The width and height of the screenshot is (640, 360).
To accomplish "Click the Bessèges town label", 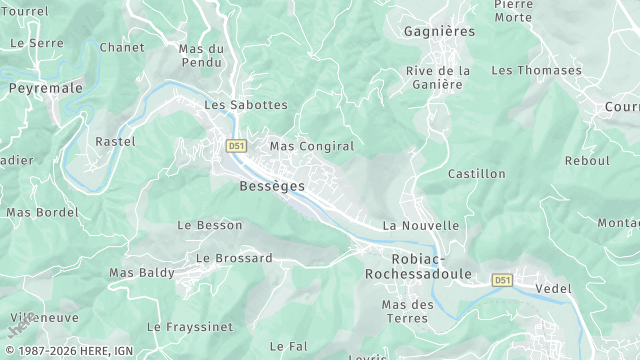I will point(272,186).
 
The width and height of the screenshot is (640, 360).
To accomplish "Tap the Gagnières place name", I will point(438,32).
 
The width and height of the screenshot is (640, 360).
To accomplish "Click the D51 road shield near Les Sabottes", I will point(236,145).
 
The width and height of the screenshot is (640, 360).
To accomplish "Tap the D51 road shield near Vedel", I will point(502,281).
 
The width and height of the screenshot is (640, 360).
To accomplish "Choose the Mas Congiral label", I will point(312,146).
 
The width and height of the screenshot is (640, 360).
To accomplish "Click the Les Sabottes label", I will point(245,104).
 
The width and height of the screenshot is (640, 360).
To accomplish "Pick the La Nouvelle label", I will point(420,226).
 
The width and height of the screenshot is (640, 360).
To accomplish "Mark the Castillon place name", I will point(476,174).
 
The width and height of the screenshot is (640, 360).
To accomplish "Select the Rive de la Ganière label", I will point(438,77).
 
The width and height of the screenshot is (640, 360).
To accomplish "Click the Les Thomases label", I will point(536,70).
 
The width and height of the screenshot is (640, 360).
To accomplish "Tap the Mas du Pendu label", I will point(201,55).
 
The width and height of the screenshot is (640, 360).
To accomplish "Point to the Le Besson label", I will point(209,225).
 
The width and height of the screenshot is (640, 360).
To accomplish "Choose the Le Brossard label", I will point(234,258).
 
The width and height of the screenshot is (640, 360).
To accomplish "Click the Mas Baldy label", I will point(141,272).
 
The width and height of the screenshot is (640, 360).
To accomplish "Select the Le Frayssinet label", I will point(189,326).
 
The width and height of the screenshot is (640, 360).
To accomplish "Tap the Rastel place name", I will point(114,142).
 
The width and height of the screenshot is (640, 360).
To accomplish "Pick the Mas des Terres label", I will point(407,311).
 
